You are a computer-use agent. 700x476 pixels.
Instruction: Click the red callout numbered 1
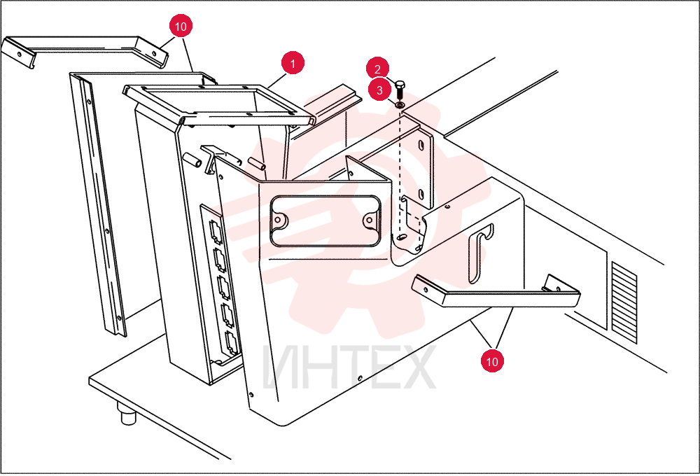tap(293, 64)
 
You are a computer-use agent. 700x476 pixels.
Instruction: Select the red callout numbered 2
tap(378, 69)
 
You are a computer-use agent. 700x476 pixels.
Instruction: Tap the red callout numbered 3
tap(379, 90)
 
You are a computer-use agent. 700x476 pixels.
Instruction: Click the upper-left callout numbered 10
tap(181, 27)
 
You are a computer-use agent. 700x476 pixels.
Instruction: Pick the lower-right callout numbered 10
tap(492, 360)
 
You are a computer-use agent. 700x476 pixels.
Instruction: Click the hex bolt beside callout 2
tap(400, 90)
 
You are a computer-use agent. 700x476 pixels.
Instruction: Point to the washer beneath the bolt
tap(400, 105)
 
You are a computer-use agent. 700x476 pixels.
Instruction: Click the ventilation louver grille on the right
tap(624, 302)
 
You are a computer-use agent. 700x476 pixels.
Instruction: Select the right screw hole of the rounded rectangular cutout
tap(369, 220)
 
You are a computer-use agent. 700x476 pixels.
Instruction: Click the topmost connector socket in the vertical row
tap(215, 231)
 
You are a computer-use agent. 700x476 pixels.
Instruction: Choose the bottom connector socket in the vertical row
tap(231, 343)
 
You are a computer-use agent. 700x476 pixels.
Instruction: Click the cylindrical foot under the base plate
tap(127, 414)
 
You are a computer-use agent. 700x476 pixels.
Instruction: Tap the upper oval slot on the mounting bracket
tap(421, 146)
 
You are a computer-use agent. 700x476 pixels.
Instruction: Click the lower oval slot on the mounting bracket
tap(421, 194)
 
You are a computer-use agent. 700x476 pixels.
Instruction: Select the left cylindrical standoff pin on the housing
tap(191, 159)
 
